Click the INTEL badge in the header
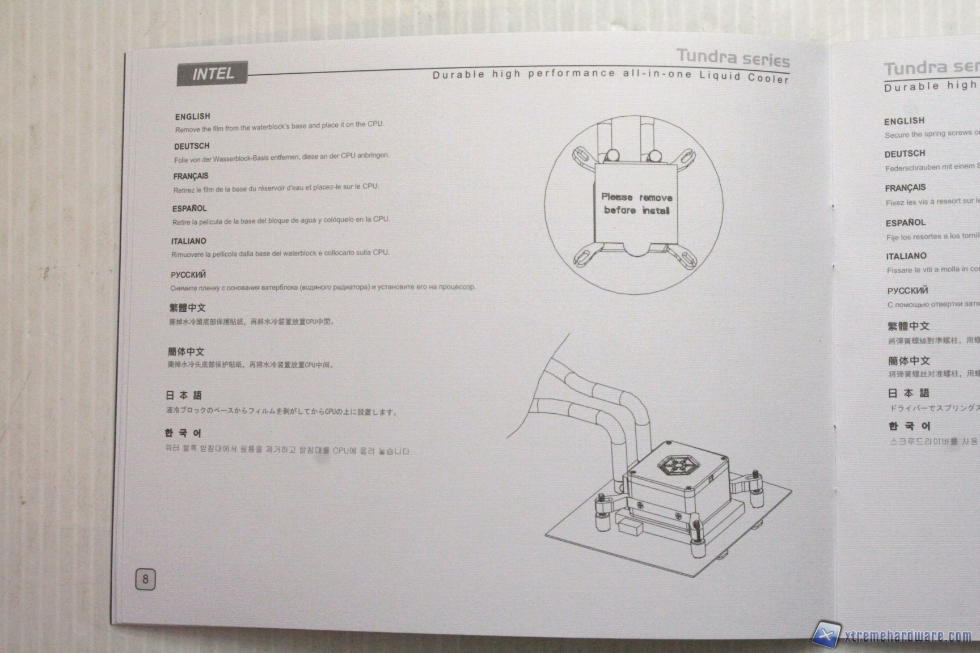213,74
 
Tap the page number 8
145,579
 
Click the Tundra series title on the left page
733,57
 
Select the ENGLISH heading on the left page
192,116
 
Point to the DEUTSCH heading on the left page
192,146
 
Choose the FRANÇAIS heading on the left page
191,176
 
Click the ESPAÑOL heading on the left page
189,209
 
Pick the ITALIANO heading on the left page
188,241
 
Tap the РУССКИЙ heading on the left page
188,275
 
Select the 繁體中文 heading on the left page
187,308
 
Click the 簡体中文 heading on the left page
186,351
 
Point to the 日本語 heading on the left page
184,395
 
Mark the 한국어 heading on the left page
183,433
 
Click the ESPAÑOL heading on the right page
905,223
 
